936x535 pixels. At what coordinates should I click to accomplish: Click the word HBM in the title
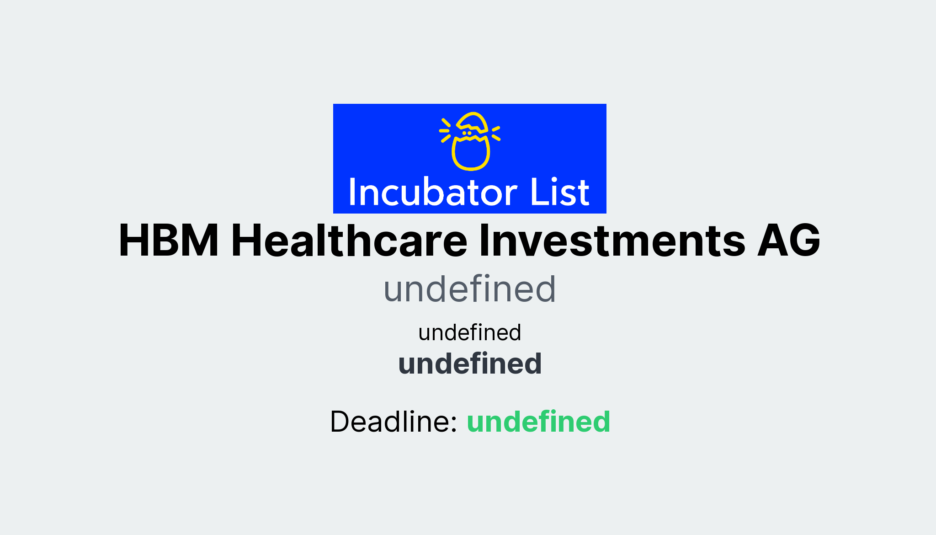pyautogui.click(x=169, y=241)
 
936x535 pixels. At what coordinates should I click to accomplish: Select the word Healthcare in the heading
pyautogui.click(x=349, y=241)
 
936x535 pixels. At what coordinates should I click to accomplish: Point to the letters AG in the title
pyautogui.click(x=788, y=241)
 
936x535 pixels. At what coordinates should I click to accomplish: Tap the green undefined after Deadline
pyautogui.click(x=538, y=421)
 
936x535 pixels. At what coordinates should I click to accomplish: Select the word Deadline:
pyautogui.click(x=394, y=421)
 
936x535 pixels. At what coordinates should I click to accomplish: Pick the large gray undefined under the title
pyautogui.click(x=469, y=289)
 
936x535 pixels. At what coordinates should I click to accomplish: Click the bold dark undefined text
pyautogui.click(x=469, y=364)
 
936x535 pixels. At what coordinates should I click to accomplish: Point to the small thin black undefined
pyautogui.click(x=469, y=332)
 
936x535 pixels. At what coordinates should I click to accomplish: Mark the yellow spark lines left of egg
pyautogui.click(x=445, y=130)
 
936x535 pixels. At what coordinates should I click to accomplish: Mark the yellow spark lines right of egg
pyautogui.click(x=496, y=133)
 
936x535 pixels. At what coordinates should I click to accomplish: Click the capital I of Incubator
pyautogui.click(x=352, y=192)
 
